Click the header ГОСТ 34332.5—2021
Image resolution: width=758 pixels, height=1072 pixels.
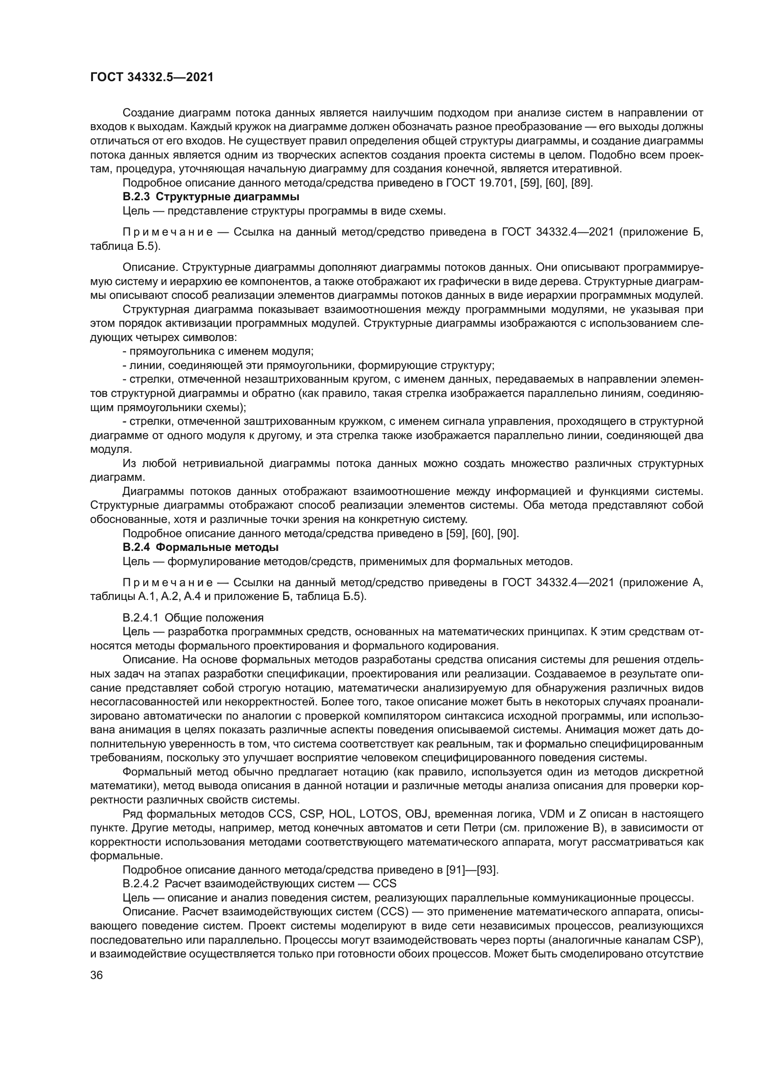tap(152, 77)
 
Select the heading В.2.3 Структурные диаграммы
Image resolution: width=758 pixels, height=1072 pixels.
tap(210, 197)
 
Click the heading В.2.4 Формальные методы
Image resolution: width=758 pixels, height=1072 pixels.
tap(200, 547)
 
